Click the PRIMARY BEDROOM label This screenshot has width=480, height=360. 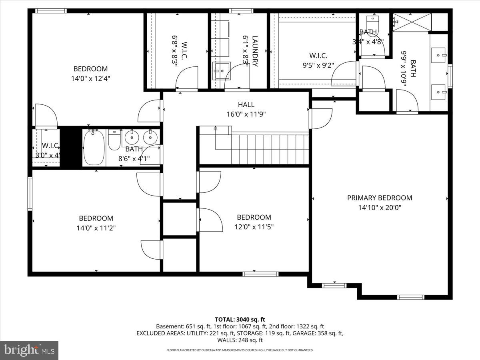pyautogui.click(x=379, y=198)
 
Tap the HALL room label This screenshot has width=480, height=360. pyautogui.click(x=246, y=104)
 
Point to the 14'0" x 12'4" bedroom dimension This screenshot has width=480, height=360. pyautogui.click(x=90, y=79)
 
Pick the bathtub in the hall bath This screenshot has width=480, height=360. pyautogui.click(x=94, y=148)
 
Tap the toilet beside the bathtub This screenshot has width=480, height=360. pyautogui.click(x=114, y=140)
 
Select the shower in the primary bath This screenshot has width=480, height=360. pyautogui.click(x=412, y=22)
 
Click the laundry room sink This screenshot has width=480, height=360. pyautogui.click(x=221, y=71)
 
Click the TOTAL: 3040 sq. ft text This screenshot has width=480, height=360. pyautogui.click(x=240, y=319)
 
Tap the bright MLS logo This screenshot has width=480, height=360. pyautogui.click(x=29, y=350)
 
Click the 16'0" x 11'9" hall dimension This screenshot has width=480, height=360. pyautogui.click(x=246, y=114)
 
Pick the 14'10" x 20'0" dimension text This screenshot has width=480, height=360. pyautogui.click(x=379, y=208)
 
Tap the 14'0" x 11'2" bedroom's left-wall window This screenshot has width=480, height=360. pyautogui.click(x=30, y=193)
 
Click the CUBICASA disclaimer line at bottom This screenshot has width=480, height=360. pyautogui.click(x=240, y=350)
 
